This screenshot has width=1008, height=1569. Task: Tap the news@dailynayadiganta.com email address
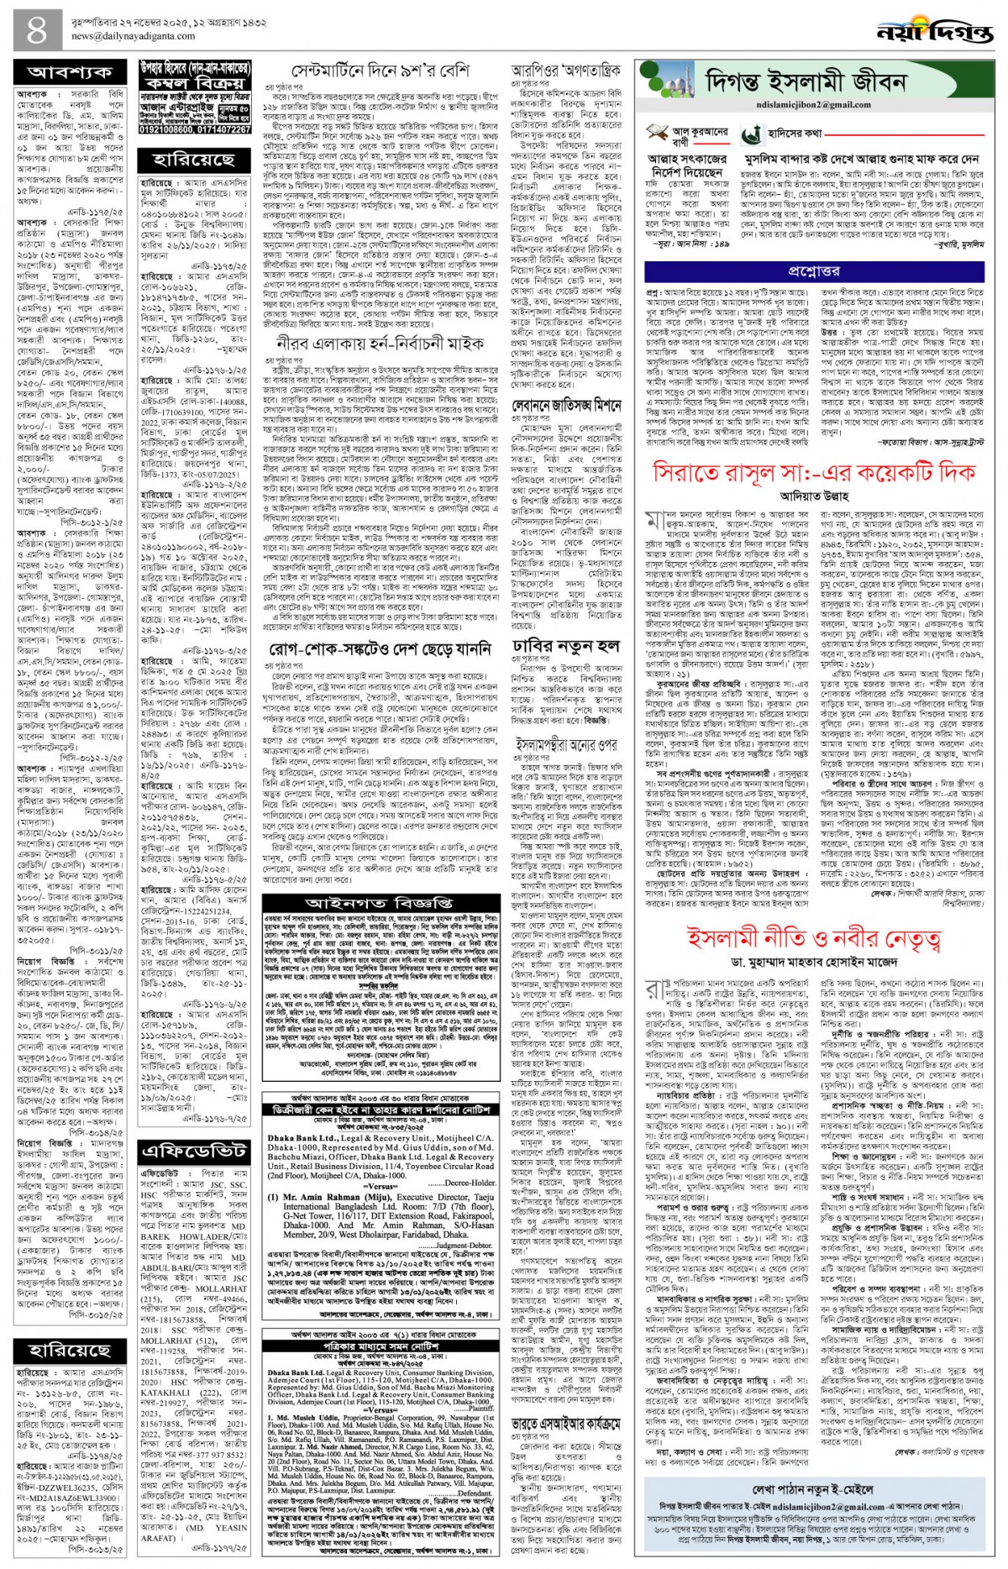142,37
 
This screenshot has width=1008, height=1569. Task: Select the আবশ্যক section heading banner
71,73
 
